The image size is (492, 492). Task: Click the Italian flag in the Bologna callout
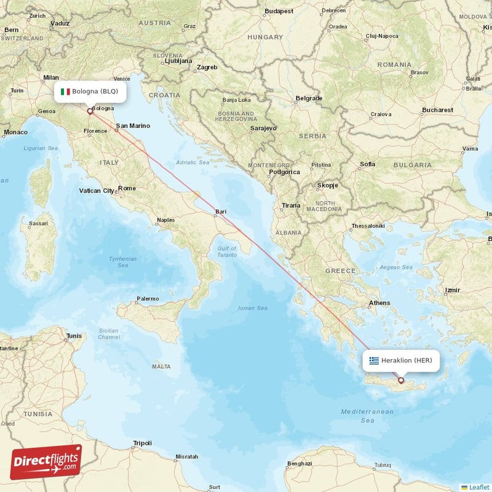(x=65, y=92)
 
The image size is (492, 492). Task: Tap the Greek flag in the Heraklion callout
(x=374, y=360)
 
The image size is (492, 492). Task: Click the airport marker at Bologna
(x=90, y=111)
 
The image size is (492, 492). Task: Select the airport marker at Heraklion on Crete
(x=402, y=381)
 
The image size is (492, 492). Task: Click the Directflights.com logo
(x=46, y=462)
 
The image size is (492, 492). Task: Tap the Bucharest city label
(x=437, y=110)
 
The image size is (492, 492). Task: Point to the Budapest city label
(x=279, y=11)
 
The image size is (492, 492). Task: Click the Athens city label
(x=379, y=303)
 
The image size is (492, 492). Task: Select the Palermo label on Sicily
(x=147, y=299)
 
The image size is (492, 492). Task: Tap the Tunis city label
(x=74, y=336)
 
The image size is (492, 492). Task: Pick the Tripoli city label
(x=142, y=443)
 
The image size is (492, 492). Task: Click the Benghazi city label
(x=300, y=463)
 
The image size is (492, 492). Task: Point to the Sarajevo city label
(x=263, y=129)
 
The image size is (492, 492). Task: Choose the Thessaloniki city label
(x=368, y=226)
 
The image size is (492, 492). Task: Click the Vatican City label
(x=97, y=191)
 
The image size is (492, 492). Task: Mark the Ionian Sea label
(x=253, y=307)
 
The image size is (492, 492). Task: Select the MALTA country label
(x=161, y=367)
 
